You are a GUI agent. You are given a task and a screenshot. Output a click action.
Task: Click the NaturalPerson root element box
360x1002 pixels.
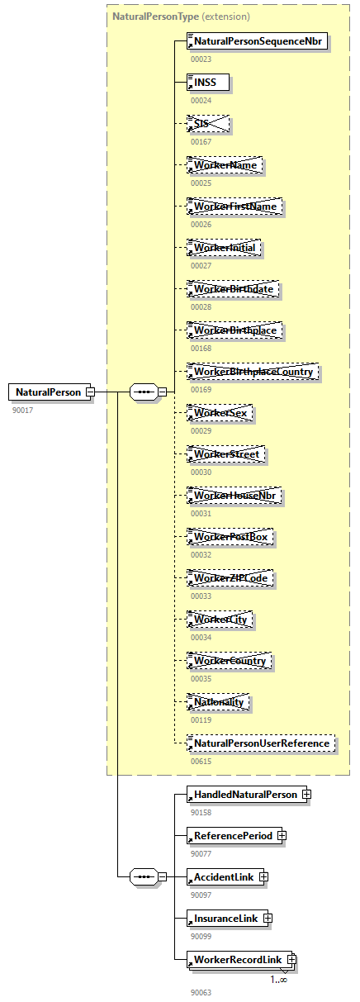47,392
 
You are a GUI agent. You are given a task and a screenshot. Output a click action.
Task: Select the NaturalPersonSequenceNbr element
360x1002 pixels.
258,41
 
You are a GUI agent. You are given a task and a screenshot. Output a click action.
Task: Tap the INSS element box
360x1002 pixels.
207,83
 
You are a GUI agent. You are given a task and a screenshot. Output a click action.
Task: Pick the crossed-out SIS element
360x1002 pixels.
207,124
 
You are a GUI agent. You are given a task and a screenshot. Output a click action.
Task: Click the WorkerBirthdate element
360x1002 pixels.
234,289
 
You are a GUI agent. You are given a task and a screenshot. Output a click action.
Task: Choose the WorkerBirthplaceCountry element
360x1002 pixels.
253,372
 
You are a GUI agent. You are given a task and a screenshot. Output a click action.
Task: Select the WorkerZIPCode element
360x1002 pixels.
230,578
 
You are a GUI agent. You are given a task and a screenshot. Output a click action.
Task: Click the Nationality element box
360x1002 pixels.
219,702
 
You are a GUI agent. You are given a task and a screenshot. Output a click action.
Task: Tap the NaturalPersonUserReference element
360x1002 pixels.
261,743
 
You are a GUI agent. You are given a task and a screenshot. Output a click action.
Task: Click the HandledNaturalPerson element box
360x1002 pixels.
244,795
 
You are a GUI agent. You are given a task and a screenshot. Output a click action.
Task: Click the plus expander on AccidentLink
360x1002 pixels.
263,877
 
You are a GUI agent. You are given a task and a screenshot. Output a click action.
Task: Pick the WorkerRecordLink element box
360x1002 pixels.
238,960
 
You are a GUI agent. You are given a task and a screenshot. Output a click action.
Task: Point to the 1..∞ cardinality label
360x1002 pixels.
278,980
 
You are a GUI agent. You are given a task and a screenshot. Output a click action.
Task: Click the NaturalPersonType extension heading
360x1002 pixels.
181,17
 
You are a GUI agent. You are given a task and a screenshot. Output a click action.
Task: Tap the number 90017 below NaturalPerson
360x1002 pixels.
23,410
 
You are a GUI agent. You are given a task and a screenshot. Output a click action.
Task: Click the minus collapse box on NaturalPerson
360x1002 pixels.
90,392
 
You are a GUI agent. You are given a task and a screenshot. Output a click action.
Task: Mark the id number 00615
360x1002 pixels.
201,762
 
